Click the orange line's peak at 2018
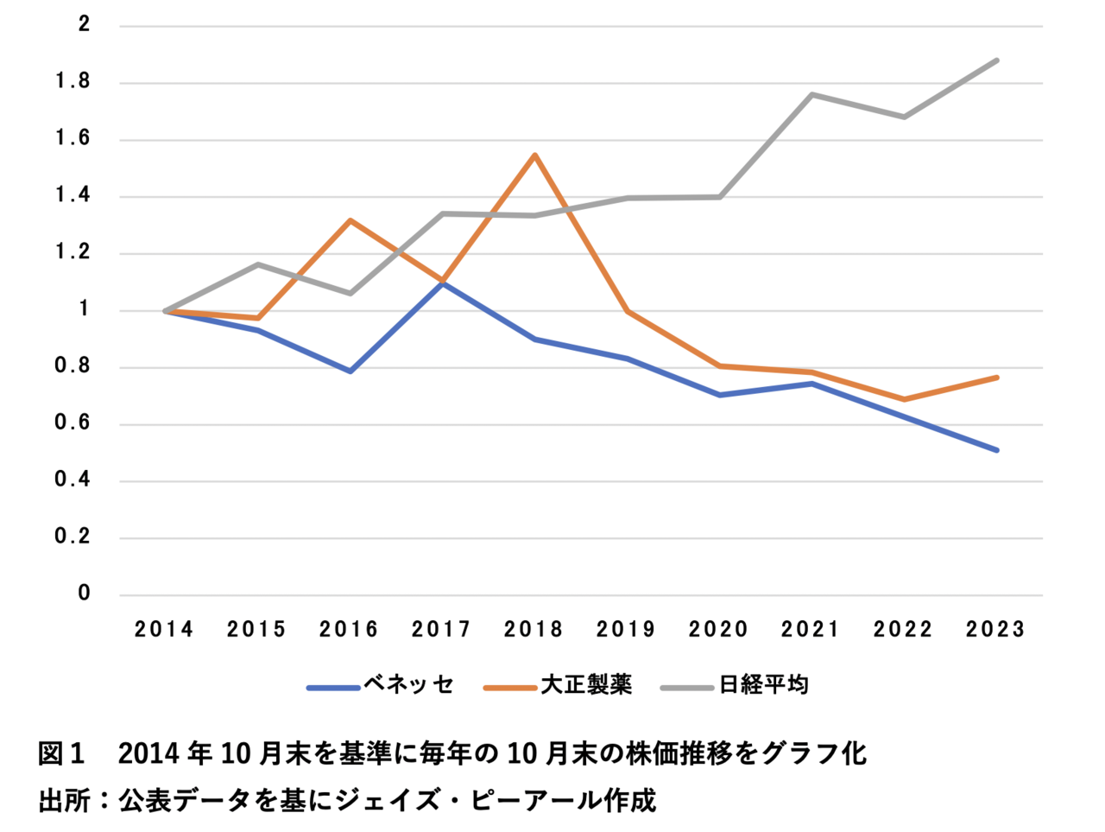535,156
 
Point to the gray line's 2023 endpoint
997,60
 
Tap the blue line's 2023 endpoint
997,450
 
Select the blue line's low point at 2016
350,372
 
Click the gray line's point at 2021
812,94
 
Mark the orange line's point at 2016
350,220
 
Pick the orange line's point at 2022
905,399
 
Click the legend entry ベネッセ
408,685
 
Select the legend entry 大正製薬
586,685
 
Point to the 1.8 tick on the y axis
73,82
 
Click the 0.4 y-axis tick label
73,480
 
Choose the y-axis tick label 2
84,24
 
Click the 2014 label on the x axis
164,629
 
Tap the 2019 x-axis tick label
626,629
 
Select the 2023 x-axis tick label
995,629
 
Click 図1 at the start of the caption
61,753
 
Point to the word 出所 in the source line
65,800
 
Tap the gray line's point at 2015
257,264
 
